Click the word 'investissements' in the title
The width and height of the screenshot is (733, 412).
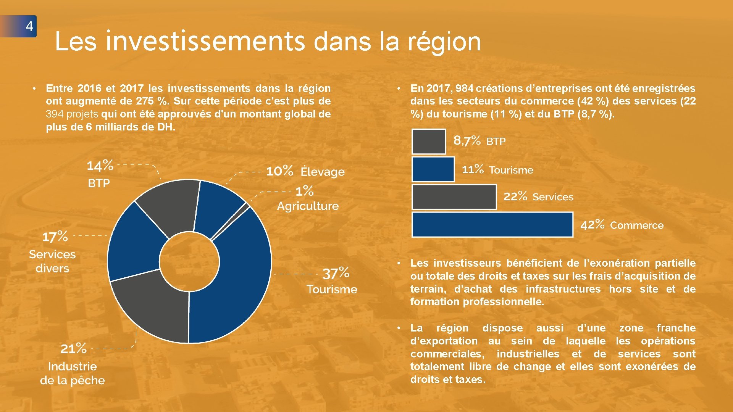coord(205,41)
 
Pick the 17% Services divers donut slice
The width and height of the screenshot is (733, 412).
coord(136,244)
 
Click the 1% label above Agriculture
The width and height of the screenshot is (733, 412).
coord(304,191)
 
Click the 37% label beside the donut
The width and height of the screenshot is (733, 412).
coord(336,273)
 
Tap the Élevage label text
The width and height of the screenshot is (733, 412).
coord(323,172)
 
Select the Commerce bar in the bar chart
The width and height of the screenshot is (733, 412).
coord(492,225)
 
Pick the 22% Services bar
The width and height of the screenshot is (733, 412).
coord(454,197)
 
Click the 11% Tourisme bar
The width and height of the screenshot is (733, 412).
coord(433,169)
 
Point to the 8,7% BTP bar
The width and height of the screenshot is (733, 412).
coord(429,142)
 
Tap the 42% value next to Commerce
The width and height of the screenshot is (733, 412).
coord(592,225)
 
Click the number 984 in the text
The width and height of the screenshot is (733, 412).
coord(464,89)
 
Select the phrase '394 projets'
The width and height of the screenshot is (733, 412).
coord(72,114)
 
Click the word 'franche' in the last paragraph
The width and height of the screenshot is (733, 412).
coord(676,328)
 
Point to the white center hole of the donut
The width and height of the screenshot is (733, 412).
coord(189,262)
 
